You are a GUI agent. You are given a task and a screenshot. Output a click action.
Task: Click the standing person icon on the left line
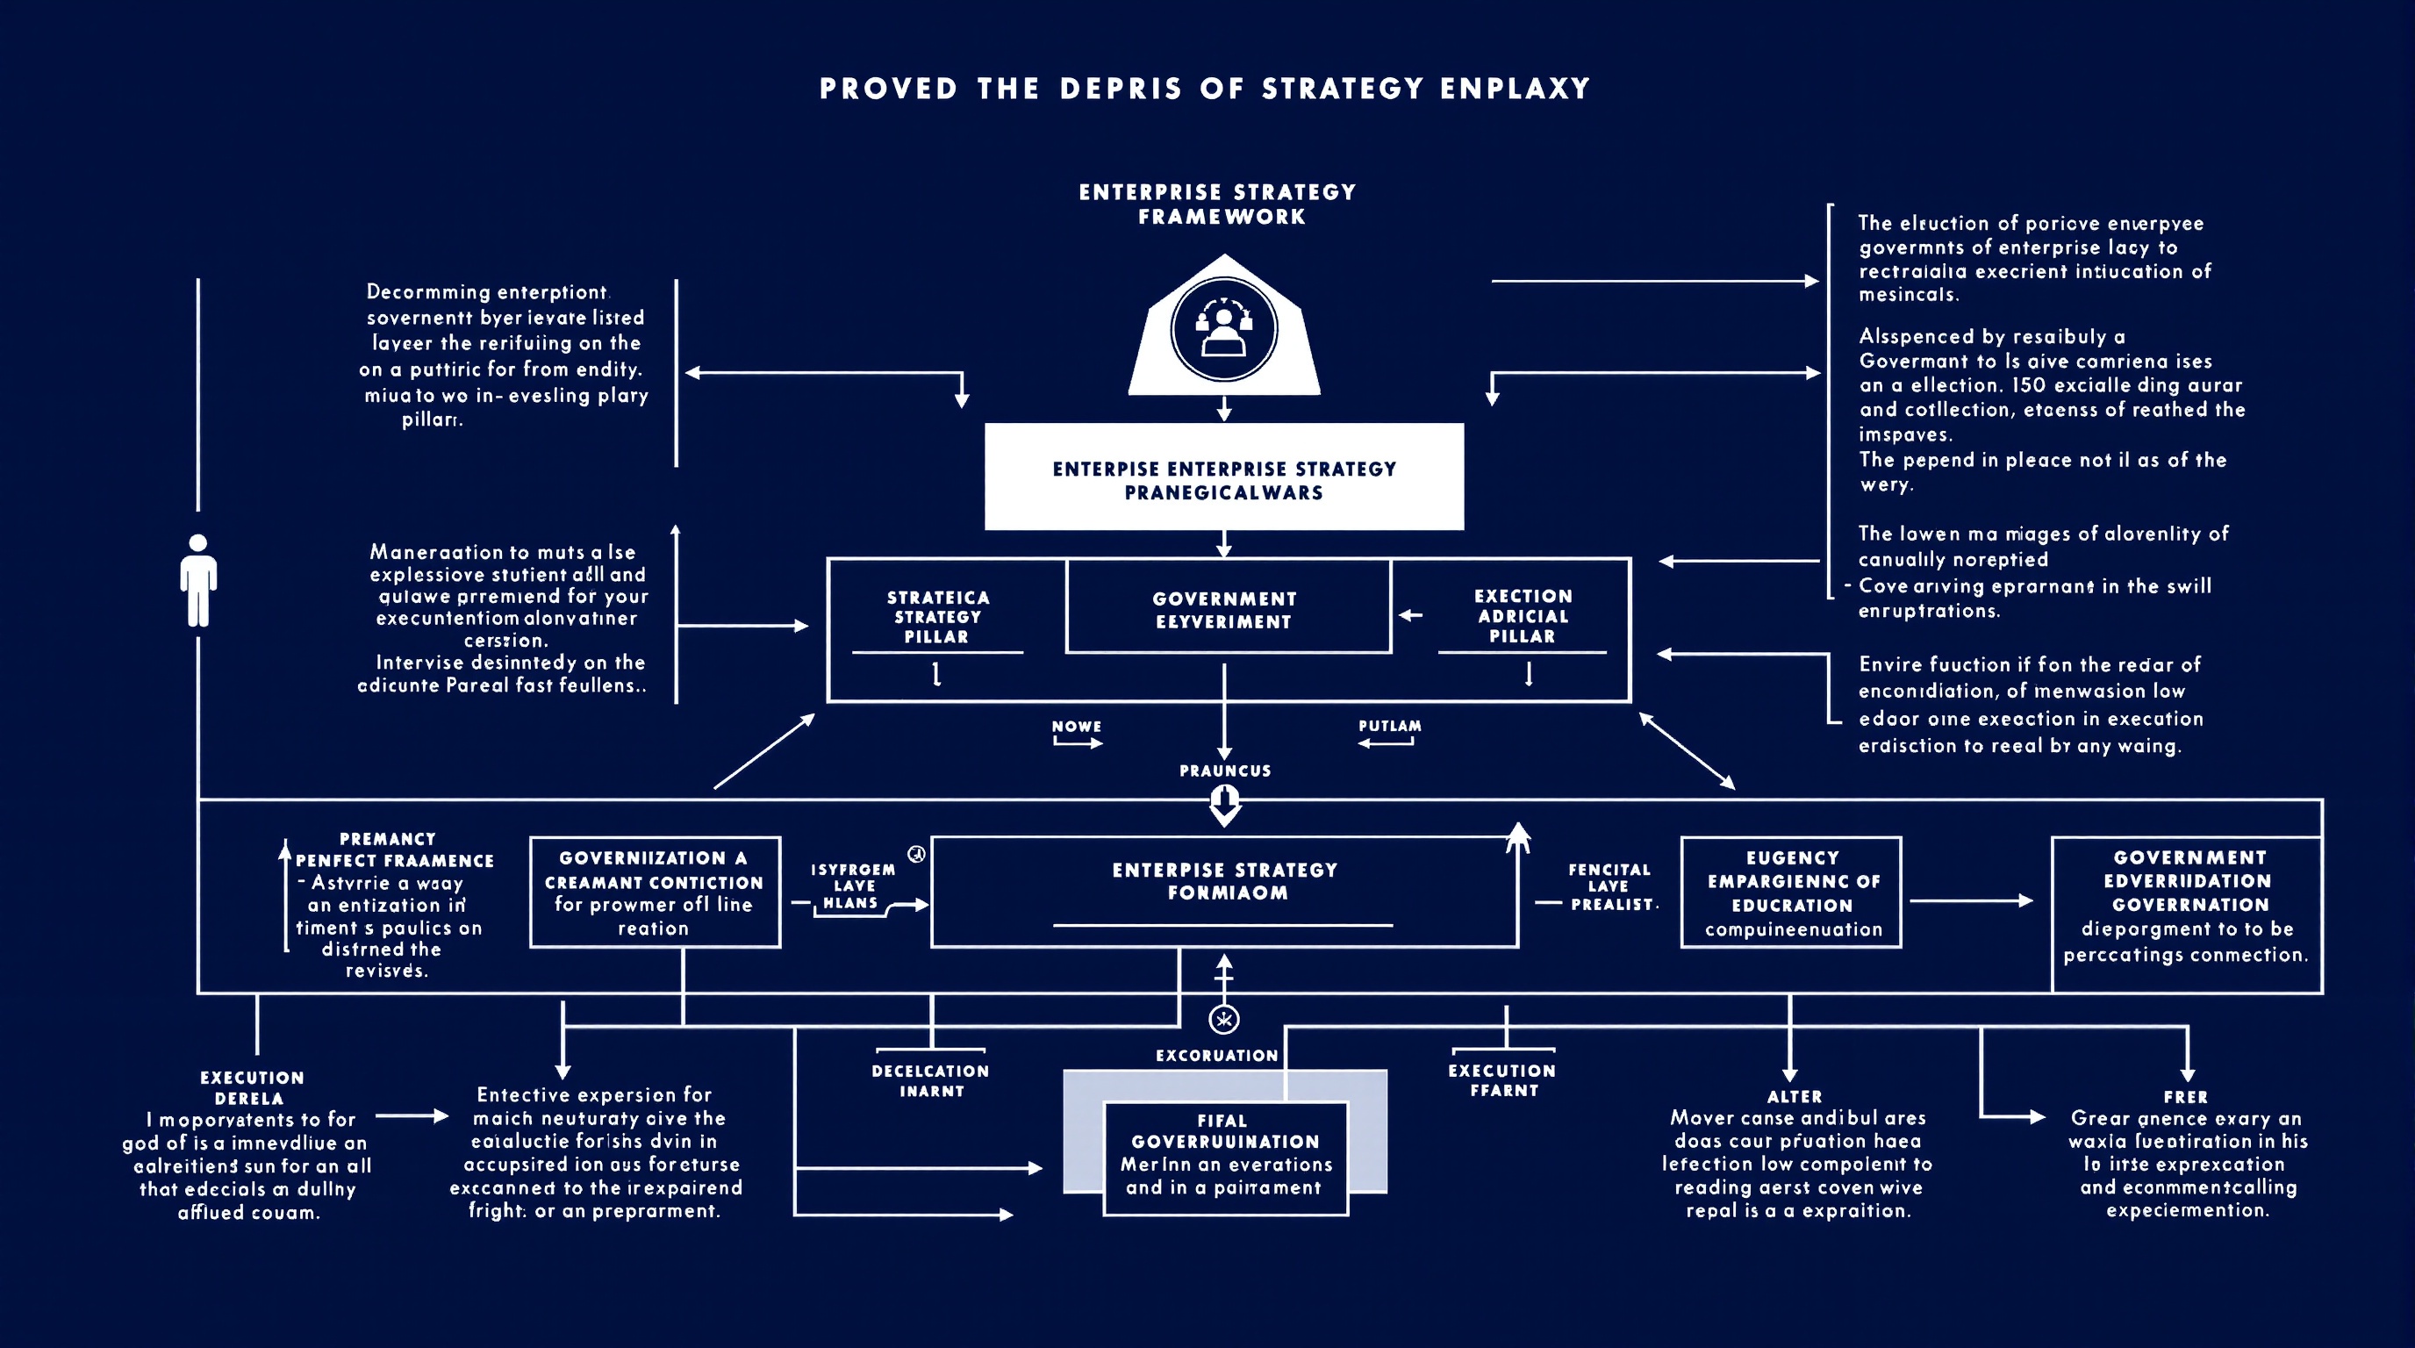click(197, 580)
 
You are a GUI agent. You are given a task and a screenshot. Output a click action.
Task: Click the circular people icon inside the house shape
click(1223, 330)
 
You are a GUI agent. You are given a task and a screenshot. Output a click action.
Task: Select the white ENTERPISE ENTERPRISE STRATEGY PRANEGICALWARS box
click(1223, 477)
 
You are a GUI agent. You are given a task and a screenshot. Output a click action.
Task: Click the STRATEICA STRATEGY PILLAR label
click(937, 617)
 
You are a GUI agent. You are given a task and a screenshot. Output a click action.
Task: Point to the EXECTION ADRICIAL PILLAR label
click(1523, 616)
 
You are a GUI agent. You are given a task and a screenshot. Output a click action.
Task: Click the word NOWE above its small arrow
click(1076, 726)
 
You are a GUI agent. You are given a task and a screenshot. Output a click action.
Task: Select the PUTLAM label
click(1389, 726)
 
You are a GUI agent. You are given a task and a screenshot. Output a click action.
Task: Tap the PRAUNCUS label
click(1224, 771)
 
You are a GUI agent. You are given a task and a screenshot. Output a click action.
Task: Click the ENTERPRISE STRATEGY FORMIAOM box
click(1224, 891)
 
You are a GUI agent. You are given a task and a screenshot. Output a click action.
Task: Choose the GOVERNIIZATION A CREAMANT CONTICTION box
click(655, 892)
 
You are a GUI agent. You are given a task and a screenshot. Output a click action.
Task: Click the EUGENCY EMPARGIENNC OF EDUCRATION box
click(1792, 892)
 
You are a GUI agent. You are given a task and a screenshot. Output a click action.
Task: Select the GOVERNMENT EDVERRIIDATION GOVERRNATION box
click(2187, 905)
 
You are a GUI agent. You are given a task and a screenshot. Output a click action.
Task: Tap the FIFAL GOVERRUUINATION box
click(1225, 1158)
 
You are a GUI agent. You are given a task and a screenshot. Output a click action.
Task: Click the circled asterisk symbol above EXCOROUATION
click(1224, 1019)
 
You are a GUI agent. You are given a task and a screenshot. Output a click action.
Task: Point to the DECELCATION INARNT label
click(931, 1080)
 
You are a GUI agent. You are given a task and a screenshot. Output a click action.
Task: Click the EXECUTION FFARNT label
click(1503, 1080)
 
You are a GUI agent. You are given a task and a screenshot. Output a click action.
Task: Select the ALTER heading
click(1795, 1096)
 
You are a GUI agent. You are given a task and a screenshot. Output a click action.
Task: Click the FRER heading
click(2185, 1096)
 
